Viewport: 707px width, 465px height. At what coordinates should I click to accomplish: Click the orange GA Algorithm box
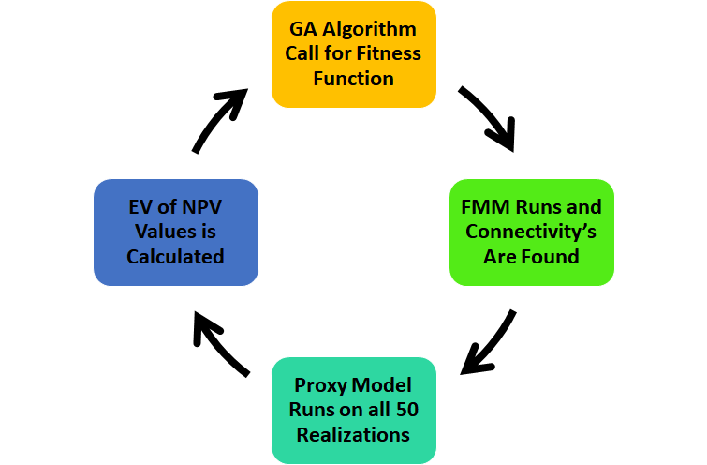click(x=353, y=53)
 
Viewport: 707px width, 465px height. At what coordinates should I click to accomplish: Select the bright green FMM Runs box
click(x=531, y=232)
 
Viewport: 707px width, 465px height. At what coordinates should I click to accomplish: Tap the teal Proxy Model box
click(x=353, y=410)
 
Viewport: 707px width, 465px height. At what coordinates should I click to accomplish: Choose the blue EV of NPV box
click(x=175, y=232)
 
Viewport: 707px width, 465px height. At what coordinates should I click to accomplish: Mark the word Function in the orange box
click(x=353, y=78)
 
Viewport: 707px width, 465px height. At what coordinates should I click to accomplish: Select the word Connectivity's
click(x=531, y=232)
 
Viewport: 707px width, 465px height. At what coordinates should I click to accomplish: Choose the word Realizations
click(x=353, y=434)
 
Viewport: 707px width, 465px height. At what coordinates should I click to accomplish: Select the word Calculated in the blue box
click(x=175, y=256)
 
